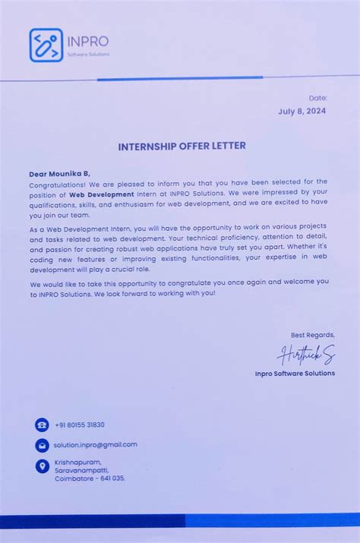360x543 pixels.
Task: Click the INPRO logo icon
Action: click(x=46, y=45)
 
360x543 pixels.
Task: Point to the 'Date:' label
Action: click(x=318, y=98)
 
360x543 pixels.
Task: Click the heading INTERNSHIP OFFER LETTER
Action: click(x=182, y=146)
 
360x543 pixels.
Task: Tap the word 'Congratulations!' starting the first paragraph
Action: click(x=58, y=183)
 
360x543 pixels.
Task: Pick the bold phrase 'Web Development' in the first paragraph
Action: click(x=101, y=194)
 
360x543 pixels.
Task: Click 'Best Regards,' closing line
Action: click(x=312, y=335)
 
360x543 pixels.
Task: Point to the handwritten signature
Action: click(x=306, y=355)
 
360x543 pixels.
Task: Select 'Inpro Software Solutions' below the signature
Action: click(x=295, y=373)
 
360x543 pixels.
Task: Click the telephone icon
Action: click(x=42, y=425)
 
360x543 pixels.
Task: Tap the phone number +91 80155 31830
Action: click(x=80, y=425)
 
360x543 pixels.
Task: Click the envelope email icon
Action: click(x=42, y=445)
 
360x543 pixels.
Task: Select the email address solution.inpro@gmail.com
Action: click(x=96, y=444)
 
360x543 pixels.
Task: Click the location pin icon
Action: click(x=42, y=466)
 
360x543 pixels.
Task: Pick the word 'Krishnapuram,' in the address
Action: click(x=77, y=461)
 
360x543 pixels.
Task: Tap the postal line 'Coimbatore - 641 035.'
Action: click(x=90, y=478)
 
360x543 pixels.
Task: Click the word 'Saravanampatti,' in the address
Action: click(x=82, y=469)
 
